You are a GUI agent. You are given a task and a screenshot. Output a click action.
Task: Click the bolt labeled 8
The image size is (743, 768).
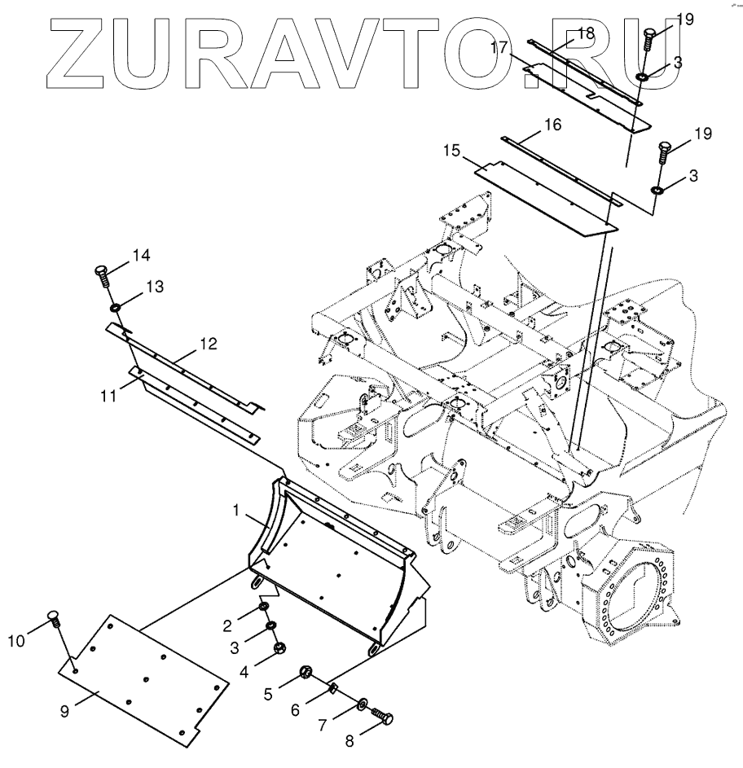[384, 717]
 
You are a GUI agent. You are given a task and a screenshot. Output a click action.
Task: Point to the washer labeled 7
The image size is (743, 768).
[363, 702]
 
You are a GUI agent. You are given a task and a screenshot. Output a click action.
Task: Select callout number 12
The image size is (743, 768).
[208, 344]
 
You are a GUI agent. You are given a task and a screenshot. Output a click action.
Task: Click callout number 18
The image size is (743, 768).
[586, 32]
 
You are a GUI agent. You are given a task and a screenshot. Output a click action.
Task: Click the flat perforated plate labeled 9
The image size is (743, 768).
[143, 680]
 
